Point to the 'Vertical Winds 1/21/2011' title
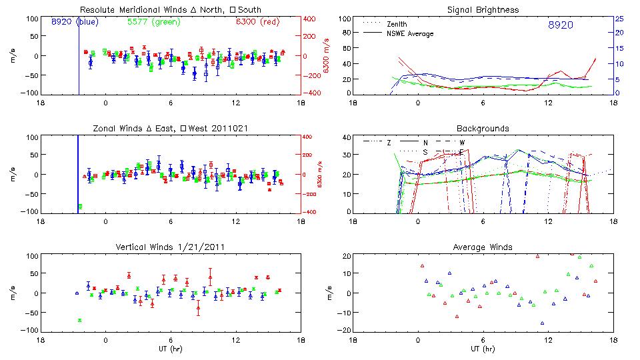pos(171,247)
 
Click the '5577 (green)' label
pos(154,23)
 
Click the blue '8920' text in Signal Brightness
pos(560,25)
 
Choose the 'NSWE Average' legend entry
pos(409,33)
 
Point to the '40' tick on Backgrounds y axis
pos(346,138)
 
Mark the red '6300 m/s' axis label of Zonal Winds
pos(319,175)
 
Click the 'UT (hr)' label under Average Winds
pos(483,349)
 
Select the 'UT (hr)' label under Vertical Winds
pos(171,349)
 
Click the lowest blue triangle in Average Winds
pos(542,323)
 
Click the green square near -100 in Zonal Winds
pos(81,207)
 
